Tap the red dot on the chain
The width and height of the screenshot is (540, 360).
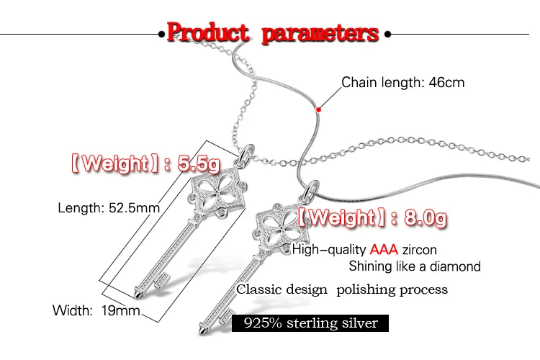click(319, 109)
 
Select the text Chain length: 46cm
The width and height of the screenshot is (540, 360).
click(402, 82)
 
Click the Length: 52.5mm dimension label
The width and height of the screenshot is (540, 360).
click(108, 208)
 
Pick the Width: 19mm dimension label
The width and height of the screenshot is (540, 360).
click(96, 311)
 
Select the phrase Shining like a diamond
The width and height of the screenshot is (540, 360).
click(414, 266)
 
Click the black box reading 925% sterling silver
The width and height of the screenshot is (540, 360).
click(310, 323)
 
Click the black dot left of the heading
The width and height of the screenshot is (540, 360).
click(160, 33)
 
